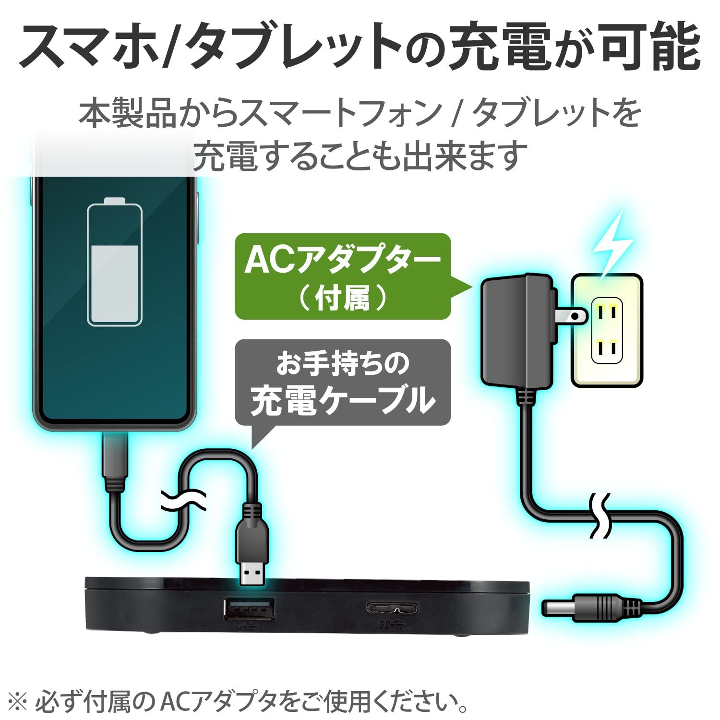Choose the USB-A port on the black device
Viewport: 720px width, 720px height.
(x=249, y=608)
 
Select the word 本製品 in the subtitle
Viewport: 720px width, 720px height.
(x=127, y=114)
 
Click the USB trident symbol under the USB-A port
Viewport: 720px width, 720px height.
(x=249, y=625)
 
